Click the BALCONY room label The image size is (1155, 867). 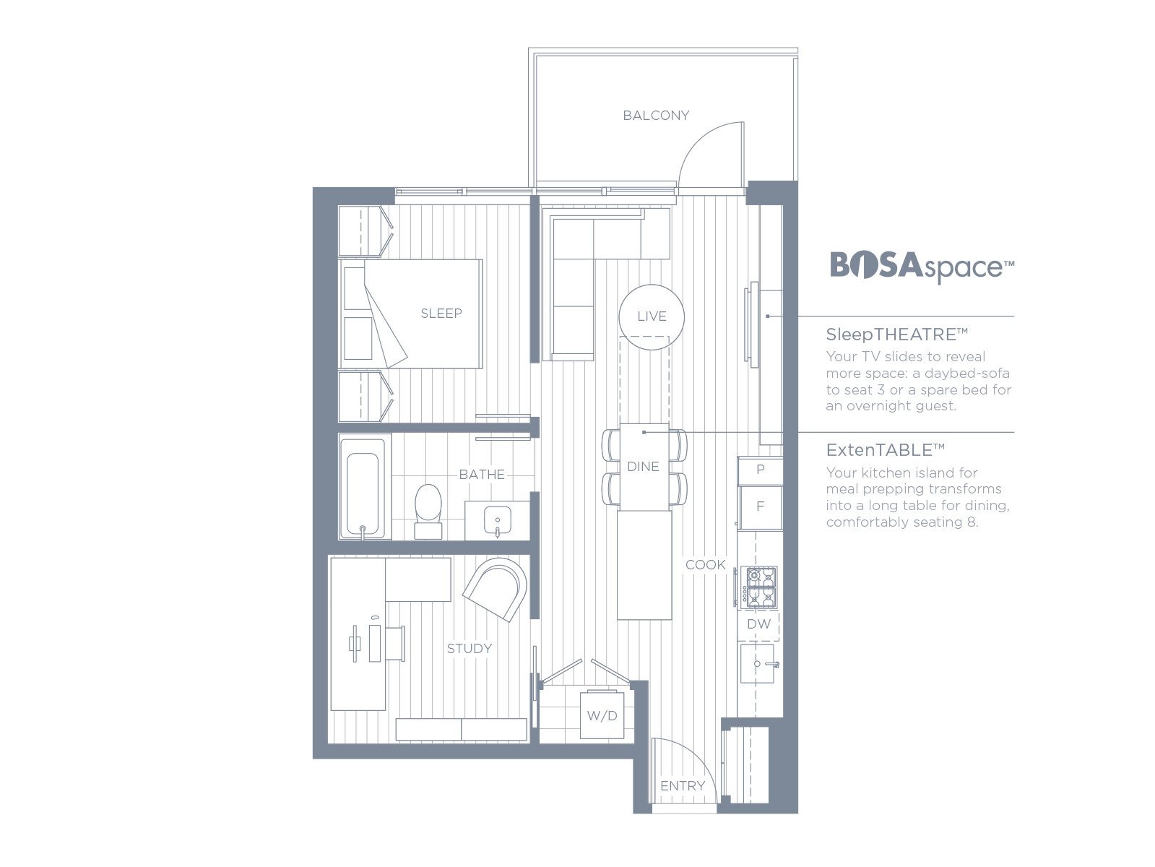tap(656, 115)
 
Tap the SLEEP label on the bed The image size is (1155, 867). tap(441, 314)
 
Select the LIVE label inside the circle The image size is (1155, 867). tap(652, 316)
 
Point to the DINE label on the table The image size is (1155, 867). tap(643, 467)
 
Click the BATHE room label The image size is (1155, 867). tap(482, 475)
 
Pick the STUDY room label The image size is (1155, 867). tap(470, 649)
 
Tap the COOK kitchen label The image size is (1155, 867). tap(705, 565)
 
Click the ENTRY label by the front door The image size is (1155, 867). tap(683, 786)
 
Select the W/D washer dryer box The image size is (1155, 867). tap(602, 715)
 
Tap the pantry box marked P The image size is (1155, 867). tap(760, 470)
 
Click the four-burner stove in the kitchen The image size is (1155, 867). tap(758, 587)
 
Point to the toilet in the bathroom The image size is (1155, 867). tap(428, 512)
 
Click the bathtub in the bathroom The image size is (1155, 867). tap(363, 487)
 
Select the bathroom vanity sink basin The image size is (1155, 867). tap(497, 520)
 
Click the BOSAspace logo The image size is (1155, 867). tap(922, 267)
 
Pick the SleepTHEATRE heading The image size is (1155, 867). tap(896, 335)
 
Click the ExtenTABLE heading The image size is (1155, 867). tap(885, 450)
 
